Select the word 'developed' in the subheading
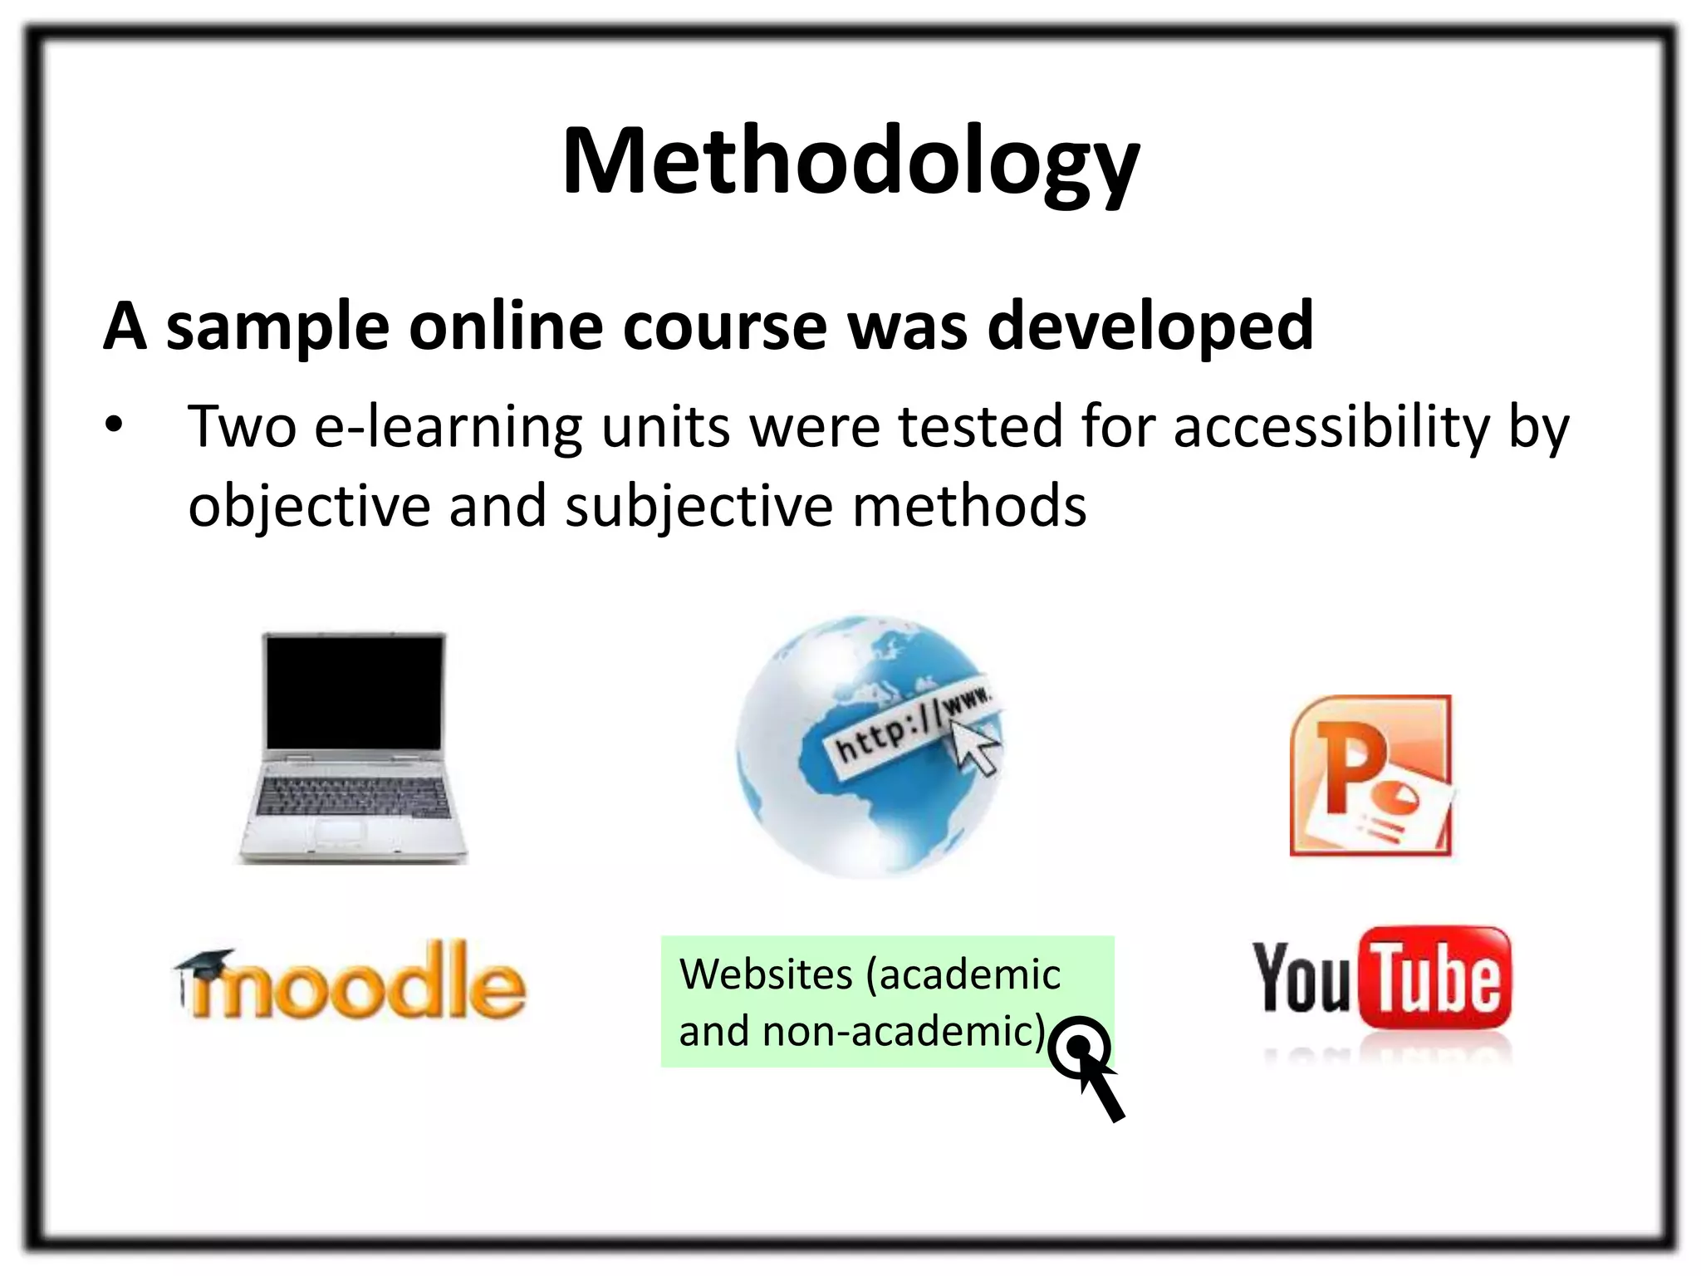1150,326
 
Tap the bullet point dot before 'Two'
114,425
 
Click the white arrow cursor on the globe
973,744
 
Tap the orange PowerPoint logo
1370,775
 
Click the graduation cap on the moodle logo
204,964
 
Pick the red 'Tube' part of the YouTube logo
1435,978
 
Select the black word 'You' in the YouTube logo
1301,979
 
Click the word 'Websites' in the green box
766,974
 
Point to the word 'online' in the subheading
505,326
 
